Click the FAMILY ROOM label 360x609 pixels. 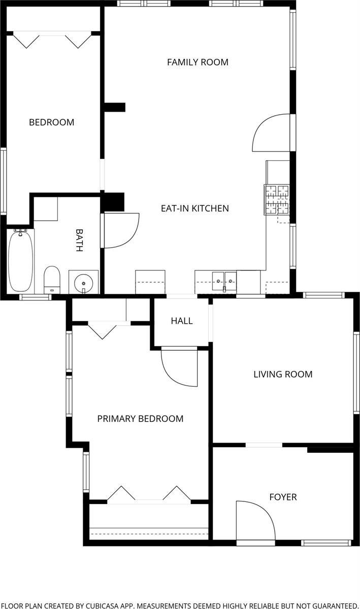pyautogui.click(x=198, y=62)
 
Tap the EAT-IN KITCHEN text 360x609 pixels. pyautogui.click(x=195, y=209)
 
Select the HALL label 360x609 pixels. pyautogui.click(x=182, y=321)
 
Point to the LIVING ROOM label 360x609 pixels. pyautogui.click(x=283, y=375)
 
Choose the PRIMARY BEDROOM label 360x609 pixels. pyautogui.click(x=141, y=419)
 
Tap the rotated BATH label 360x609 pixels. pyautogui.click(x=79, y=240)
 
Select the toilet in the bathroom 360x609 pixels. pyautogui.click(x=52, y=280)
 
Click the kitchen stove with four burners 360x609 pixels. pyautogui.click(x=276, y=200)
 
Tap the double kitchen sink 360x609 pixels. pyautogui.click(x=224, y=281)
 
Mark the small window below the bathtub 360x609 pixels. pyautogui.click(x=36, y=297)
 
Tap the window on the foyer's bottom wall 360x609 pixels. pyautogui.click(x=326, y=543)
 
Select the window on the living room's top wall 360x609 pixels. pyautogui.click(x=324, y=295)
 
